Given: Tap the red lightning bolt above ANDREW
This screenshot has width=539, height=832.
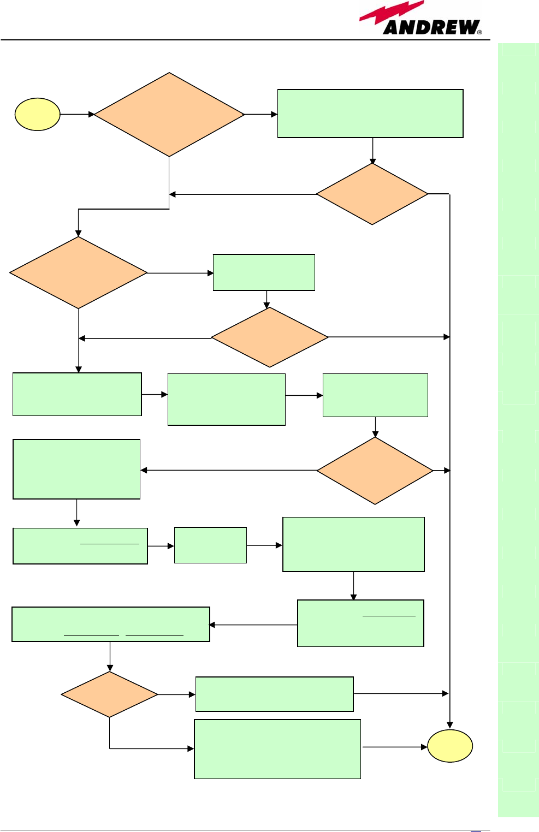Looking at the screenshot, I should pos(390,13).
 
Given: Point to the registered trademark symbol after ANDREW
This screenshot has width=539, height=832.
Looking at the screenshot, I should pos(479,32).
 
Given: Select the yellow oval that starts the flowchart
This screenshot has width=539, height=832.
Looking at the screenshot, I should pos(37,114).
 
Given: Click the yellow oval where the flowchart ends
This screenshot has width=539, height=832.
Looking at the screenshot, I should pos(449,746).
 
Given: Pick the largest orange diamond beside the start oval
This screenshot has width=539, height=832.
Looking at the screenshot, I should pos(169,115).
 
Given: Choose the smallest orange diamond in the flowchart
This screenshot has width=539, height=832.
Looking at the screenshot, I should pos(110,694).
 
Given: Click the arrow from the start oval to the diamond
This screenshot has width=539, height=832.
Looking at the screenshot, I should pos(77,114).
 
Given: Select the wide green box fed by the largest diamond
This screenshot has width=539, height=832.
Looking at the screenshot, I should pos(370,114).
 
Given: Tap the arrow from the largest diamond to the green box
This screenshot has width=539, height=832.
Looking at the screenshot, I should pos(261,114).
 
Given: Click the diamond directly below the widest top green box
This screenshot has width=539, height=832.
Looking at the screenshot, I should pos(372,194).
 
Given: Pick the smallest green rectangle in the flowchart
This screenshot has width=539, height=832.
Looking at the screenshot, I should pos(210,545).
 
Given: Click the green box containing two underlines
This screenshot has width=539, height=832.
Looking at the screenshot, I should pos(111,624).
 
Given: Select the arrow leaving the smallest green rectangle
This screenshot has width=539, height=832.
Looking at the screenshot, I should pos(264,545).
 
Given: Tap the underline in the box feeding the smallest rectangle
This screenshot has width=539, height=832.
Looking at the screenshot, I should pos(109,544).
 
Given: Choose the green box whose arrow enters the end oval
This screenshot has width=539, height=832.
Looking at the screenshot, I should pos(277,748).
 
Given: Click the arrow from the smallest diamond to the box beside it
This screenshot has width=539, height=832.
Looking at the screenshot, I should pos(176,694).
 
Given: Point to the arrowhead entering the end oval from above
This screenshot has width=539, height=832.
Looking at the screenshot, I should pos(450,724).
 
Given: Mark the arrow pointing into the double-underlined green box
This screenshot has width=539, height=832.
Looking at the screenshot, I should pos(253,625).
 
